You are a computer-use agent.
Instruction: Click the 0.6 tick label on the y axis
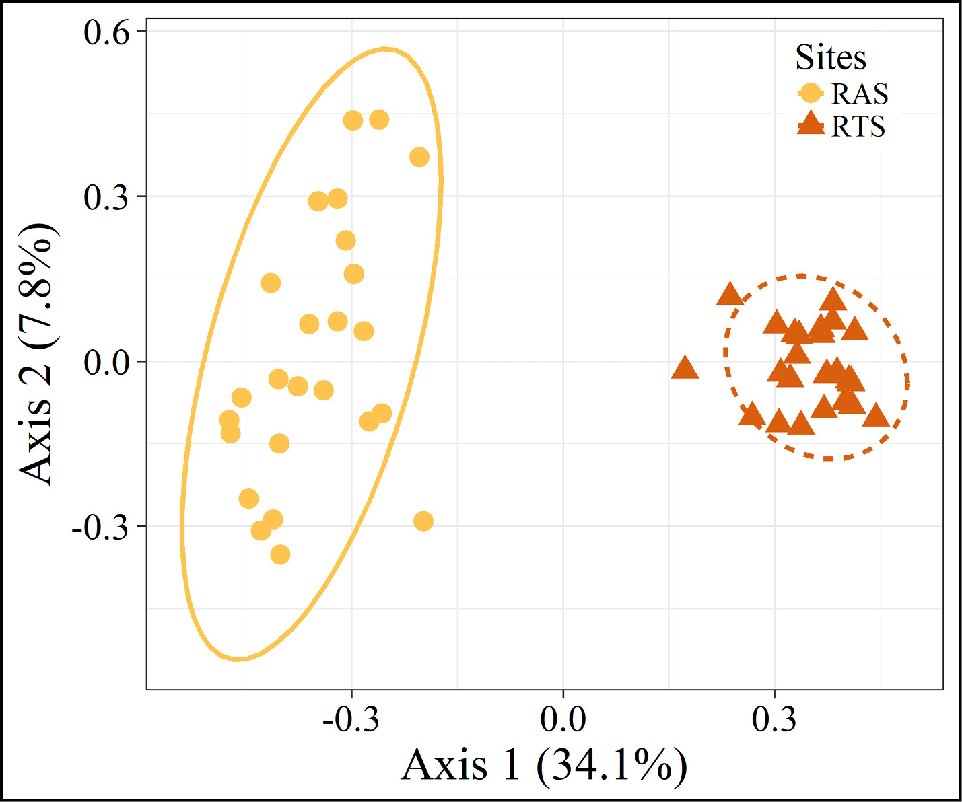tap(106, 32)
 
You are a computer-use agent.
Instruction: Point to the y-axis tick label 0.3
tap(106, 197)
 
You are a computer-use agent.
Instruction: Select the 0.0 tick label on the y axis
tap(106, 363)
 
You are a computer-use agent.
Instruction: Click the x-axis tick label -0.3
tap(351, 720)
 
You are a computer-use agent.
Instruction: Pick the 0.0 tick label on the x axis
tap(563, 720)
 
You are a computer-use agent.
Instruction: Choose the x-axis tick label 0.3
tap(774, 720)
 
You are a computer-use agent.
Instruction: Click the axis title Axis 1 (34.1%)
tap(544, 766)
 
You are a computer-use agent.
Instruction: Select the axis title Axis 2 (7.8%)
tap(38, 353)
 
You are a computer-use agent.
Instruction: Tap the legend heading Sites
tap(831, 57)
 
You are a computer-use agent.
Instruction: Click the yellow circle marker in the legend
tap(811, 94)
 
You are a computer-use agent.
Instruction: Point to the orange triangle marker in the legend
tap(811, 124)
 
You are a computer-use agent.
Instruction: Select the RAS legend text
tap(860, 94)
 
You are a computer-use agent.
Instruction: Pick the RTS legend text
tap(858, 126)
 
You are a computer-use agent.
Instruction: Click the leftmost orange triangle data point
tap(685, 368)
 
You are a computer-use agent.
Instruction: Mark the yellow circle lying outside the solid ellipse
tap(423, 521)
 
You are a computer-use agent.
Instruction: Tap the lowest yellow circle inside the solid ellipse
tap(280, 554)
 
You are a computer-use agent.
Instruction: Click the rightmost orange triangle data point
tap(876, 416)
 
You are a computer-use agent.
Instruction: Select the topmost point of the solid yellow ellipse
tap(384, 49)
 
